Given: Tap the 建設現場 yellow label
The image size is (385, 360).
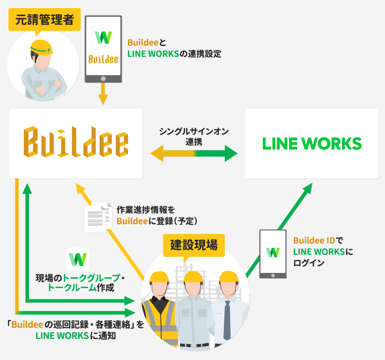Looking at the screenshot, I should pos(194,245).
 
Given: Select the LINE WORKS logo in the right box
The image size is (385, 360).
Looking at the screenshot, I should pos(312,144).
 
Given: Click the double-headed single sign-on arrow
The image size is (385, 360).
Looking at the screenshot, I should pos(194,153).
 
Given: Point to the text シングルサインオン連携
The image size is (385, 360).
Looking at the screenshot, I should pos(194,136).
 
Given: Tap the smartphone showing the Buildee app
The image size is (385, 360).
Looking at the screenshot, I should pos(103,49).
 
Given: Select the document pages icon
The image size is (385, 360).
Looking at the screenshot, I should pos(99,217).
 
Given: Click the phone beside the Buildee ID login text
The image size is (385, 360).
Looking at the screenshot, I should pos(273,254).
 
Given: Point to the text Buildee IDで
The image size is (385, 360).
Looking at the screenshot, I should pos(318,241).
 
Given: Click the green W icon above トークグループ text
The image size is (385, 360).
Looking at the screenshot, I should pos(78,260).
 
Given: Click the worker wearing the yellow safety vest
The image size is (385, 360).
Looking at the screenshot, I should pos(159,310).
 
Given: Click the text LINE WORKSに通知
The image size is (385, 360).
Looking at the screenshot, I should pos(75,335).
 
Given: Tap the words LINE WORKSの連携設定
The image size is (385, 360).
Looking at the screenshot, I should pos(174,54).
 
